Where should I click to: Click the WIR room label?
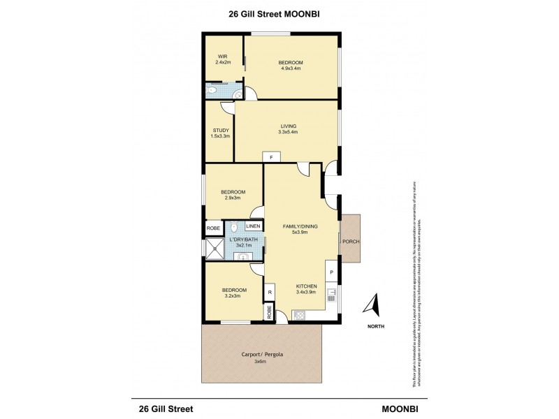222,56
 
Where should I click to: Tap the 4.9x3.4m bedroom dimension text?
291,68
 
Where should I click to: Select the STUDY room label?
219,130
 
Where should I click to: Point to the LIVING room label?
288,126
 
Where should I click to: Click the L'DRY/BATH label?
242,240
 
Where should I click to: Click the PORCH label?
349,242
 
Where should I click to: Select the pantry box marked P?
332,272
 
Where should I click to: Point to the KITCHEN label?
307,286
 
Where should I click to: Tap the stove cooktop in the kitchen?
299,314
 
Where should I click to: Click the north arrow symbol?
373,306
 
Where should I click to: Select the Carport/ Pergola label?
260,353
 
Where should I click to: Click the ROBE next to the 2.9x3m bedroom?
212,228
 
